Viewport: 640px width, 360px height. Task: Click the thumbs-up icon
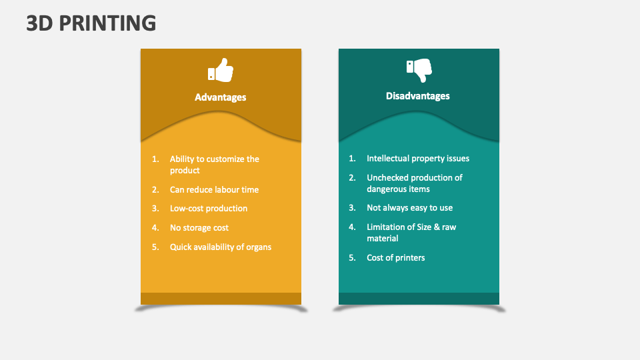tap(221, 71)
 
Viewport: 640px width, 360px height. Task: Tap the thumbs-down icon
tap(419, 69)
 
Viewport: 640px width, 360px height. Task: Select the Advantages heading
tap(221, 97)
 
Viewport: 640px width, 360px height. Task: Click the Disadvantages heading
tap(418, 96)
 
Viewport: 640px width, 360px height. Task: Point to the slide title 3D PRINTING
tap(91, 23)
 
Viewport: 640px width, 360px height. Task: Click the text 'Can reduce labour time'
tap(214, 190)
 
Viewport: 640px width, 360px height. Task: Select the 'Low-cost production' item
tap(209, 209)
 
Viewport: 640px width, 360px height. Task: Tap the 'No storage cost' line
tap(199, 228)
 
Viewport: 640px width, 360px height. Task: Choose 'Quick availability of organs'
tap(221, 247)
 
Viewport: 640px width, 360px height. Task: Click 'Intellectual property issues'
tap(418, 159)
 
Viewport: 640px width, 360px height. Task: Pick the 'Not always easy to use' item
tap(409, 208)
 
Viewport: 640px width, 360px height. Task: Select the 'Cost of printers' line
tap(395, 258)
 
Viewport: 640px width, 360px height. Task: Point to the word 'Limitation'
tap(387, 227)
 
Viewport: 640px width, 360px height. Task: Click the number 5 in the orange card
tap(155, 247)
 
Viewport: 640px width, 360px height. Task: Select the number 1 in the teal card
tap(351, 159)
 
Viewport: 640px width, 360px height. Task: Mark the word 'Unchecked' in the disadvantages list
tap(387, 178)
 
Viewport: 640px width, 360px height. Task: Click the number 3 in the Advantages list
tap(155, 209)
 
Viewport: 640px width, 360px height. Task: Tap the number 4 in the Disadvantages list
tap(352, 227)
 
